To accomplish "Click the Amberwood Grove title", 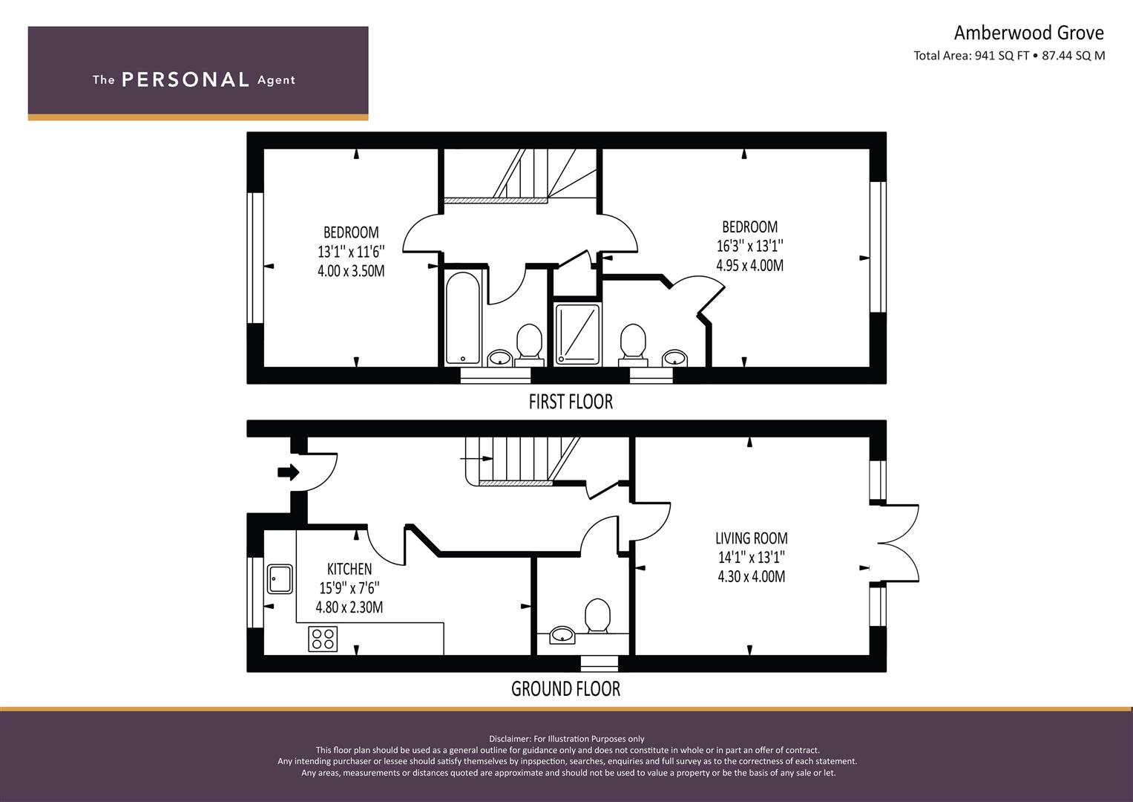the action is point(1029,33).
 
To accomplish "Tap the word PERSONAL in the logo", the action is point(185,79).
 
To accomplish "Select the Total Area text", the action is point(1009,56).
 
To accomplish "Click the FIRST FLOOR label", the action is point(571,402).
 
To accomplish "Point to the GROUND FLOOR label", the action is point(565,689).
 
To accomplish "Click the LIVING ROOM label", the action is point(751,538).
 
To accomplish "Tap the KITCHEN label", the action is point(349,569).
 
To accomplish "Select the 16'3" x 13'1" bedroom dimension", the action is point(749,246).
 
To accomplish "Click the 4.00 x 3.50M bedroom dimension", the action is point(351,271).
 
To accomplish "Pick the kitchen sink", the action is point(280,579).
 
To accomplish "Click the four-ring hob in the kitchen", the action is point(323,639).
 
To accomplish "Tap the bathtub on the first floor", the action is point(463,319).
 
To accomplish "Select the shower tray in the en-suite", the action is point(577,334).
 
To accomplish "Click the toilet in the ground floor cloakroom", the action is point(597,616).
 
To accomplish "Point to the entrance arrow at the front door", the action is point(289,472).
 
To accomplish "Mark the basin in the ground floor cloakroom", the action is point(562,635).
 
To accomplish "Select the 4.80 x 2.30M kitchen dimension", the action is point(349,607).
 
